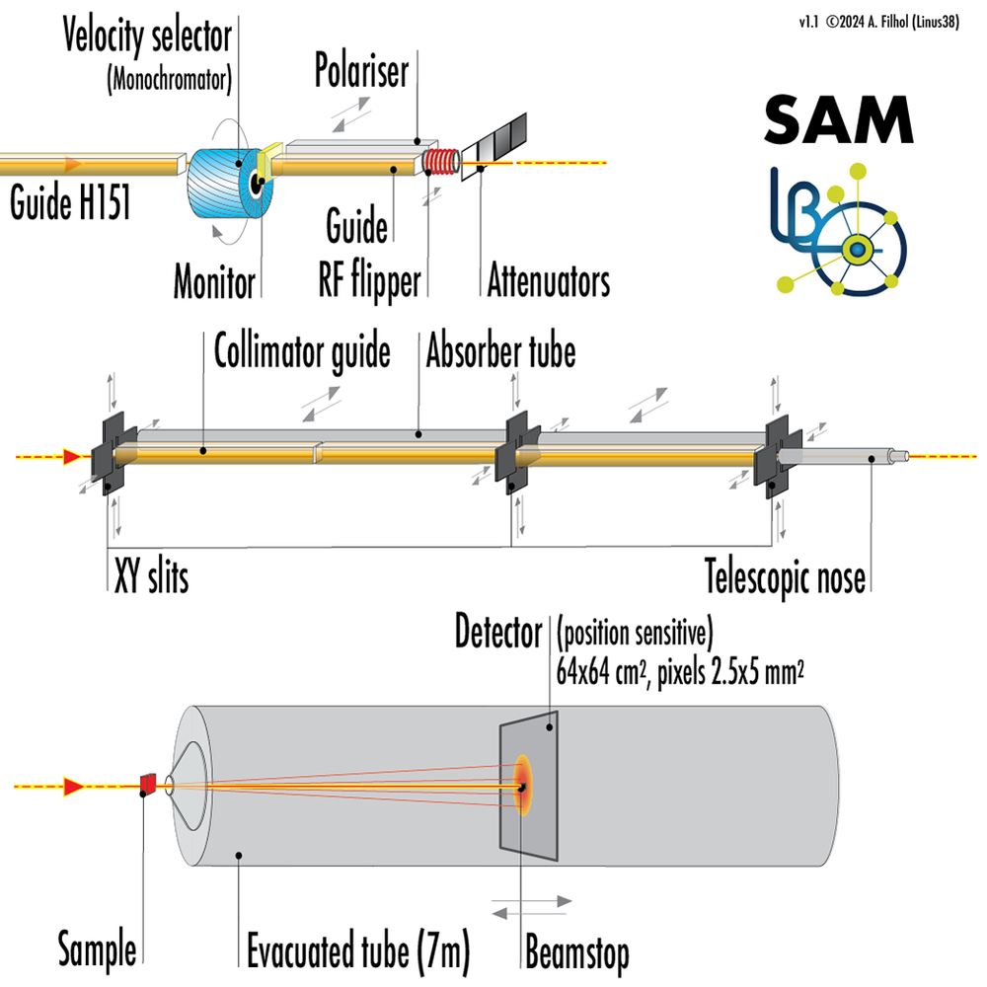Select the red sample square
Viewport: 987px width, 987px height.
tap(148, 784)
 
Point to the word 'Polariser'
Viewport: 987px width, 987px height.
tap(361, 71)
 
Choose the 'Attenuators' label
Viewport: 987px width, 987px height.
tap(548, 282)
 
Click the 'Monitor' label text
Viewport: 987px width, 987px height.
tap(214, 282)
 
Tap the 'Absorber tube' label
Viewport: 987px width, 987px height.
tap(500, 351)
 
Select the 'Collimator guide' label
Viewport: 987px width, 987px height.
tap(302, 351)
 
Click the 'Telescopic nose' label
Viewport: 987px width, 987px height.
tap(785, 576)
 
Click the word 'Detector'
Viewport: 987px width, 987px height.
tap(498, 633)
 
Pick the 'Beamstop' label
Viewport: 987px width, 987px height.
tap(576, 952)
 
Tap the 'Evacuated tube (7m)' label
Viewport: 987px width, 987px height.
tap(356, 952)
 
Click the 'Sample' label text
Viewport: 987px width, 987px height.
tap(96, 952)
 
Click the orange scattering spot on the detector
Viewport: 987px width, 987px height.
tap(524, 786)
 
